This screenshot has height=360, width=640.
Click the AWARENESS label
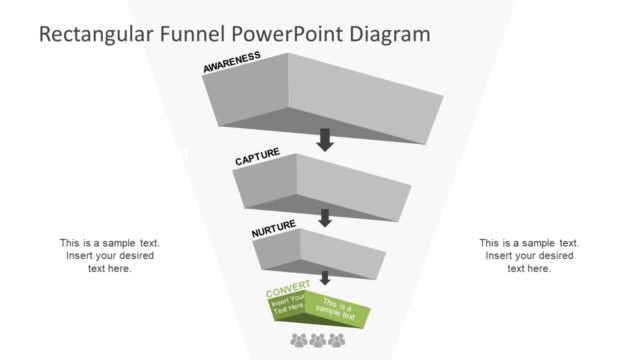pos(231,62)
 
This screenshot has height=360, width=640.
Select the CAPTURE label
pos(257,159)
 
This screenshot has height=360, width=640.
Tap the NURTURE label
pos(273,230)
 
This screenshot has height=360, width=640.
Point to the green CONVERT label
pos(288,292)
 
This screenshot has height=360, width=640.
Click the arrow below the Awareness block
pos(324,140)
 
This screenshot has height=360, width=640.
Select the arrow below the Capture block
pos(324,217)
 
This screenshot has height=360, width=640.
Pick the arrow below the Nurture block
pos(324,278)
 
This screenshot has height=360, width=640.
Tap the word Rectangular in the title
pos(97,33)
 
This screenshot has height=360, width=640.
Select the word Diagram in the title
pos(391,33)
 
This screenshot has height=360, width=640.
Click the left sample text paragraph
pos(110,255)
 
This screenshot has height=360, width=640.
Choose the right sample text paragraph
pos(530,255)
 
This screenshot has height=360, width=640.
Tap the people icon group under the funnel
pos(317,341)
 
